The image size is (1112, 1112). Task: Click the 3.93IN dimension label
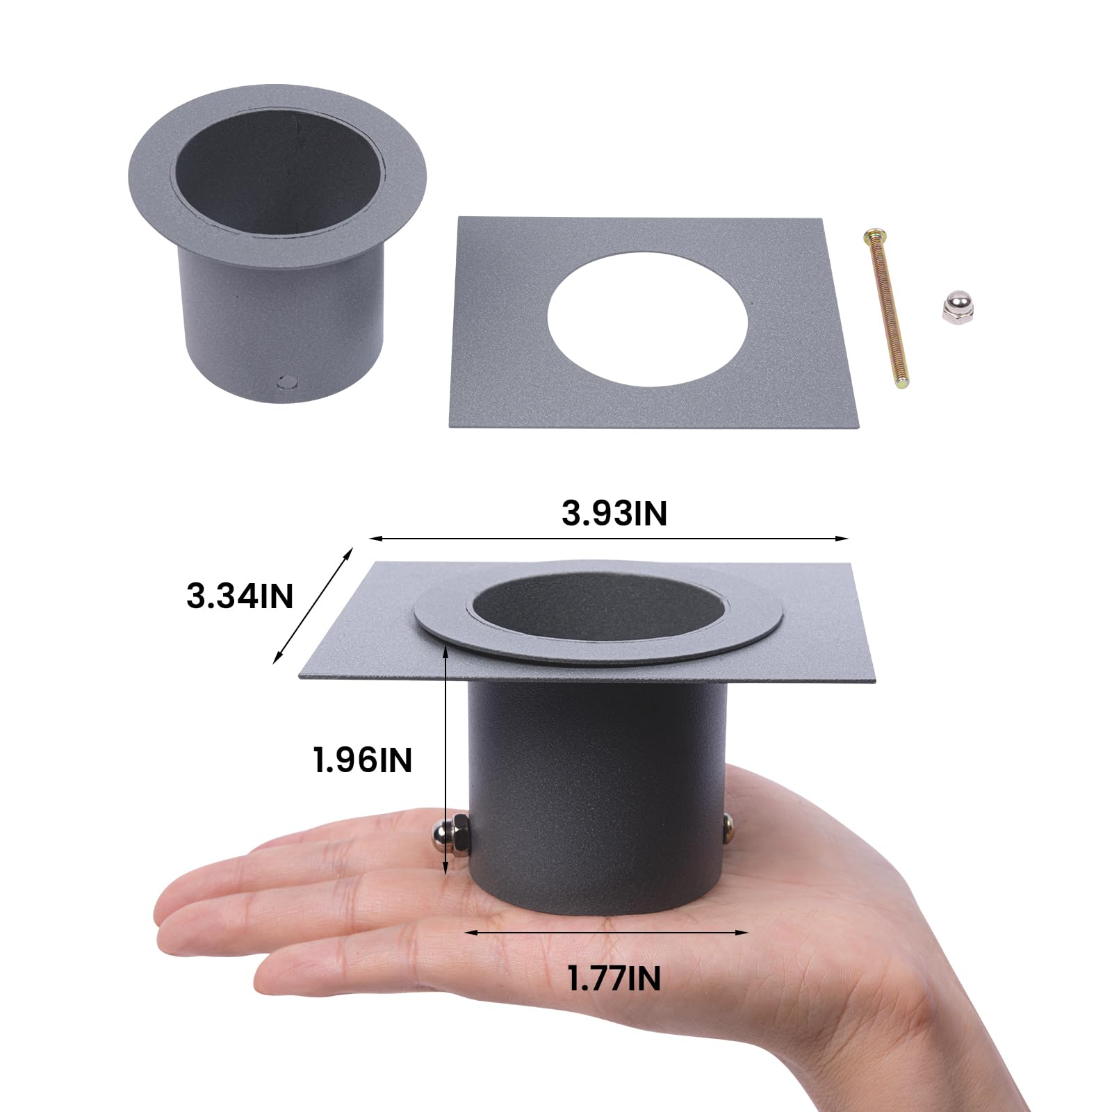point(614,514)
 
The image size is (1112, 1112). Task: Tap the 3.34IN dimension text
point(240,596)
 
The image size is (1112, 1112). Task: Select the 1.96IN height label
point(363,760)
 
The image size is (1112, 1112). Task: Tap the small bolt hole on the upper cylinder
point(286,381)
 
